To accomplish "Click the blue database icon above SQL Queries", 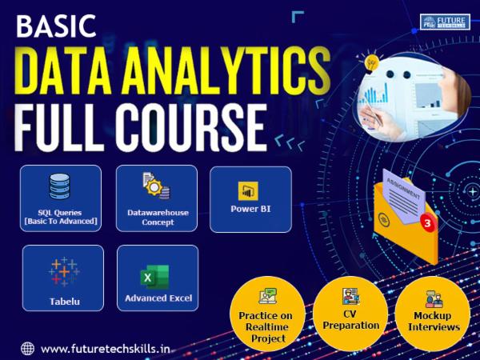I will coord(61,186).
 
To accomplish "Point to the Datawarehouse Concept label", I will coord(157,218).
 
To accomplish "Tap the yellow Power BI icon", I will coord(248,192).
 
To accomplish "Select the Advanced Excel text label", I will coord(158,298).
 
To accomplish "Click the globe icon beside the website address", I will coord(28,349).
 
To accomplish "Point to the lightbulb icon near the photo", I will coord(370,62).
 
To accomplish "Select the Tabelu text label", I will coord(63,302).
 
